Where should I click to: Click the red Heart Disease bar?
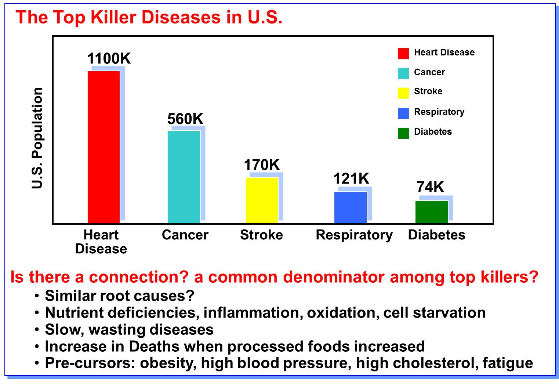pos(104,147)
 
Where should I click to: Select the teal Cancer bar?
pos(184,177)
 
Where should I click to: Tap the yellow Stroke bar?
pos(262,200)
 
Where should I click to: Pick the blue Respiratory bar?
pos(350,207)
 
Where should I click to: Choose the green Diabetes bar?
pos(431,212)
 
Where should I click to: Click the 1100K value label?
pos(109,59)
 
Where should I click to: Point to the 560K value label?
pos(185,119)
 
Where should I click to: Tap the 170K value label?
pos(262,165)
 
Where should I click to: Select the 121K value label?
pos(351,179)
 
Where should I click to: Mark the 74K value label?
pos(430,187)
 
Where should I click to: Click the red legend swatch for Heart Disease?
pos(403,53)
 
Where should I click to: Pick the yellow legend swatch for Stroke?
pos(403,93)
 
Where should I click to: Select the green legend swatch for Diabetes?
pos(403,133)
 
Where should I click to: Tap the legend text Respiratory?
pos(439,112)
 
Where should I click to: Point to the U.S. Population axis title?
pos(37,138)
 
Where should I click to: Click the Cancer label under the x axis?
pos(185,235)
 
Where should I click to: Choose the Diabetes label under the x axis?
pos(436,235)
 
